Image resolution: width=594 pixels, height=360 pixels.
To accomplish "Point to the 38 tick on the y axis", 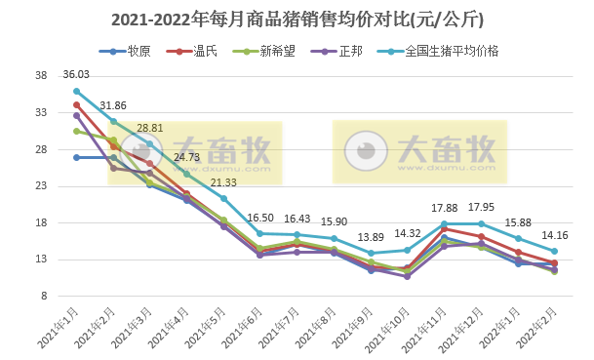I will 41,75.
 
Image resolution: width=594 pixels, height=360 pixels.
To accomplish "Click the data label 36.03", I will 76,74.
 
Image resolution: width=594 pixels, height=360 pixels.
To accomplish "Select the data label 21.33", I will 223,182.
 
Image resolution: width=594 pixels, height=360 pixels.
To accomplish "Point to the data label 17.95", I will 481,207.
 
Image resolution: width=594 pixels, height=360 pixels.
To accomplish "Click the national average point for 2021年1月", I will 76,91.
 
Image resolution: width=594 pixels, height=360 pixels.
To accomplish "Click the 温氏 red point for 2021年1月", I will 76,104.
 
